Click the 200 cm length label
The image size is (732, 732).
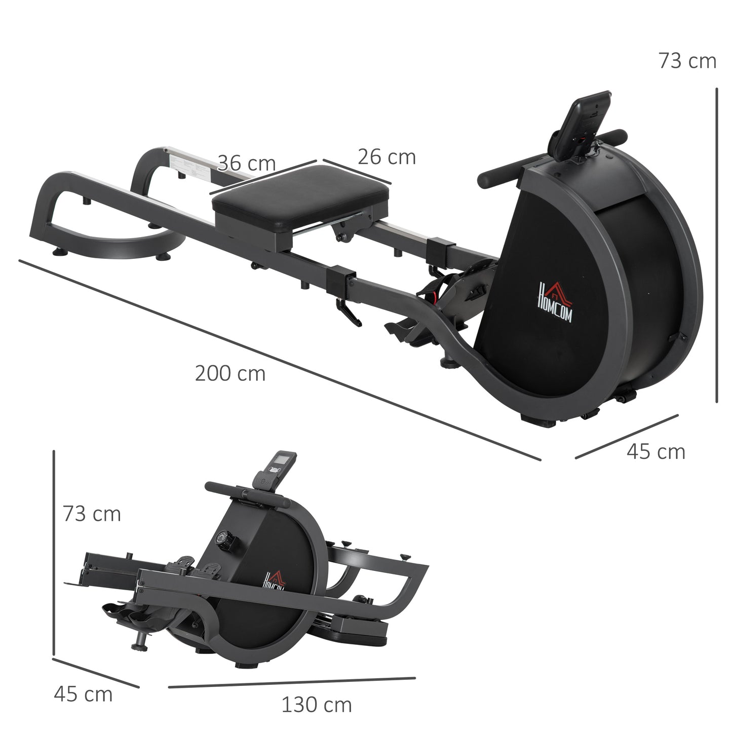tap(230, 374)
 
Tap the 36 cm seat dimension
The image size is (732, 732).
tap(247, 164)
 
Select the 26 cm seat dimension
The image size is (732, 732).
tap(387, 157)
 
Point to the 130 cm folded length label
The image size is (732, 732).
tap(316, 705)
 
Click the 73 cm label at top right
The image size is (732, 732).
tap(687, 61)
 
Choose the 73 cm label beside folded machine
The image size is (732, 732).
tap(92, 514)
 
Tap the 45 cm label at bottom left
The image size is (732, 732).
tap(83, 694)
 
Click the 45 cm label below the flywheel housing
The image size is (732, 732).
tap(656, 451)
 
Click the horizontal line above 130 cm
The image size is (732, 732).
tap(291, 682)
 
